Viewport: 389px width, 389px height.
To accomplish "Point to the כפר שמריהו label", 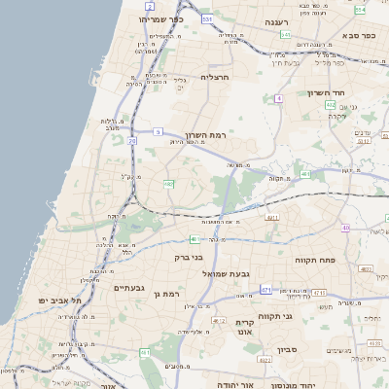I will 160,19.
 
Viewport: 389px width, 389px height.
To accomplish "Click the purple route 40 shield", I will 345,228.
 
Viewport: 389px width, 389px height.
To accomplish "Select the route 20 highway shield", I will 132,141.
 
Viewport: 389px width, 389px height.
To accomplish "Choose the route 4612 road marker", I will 218,319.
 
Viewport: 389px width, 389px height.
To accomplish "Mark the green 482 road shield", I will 330,105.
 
